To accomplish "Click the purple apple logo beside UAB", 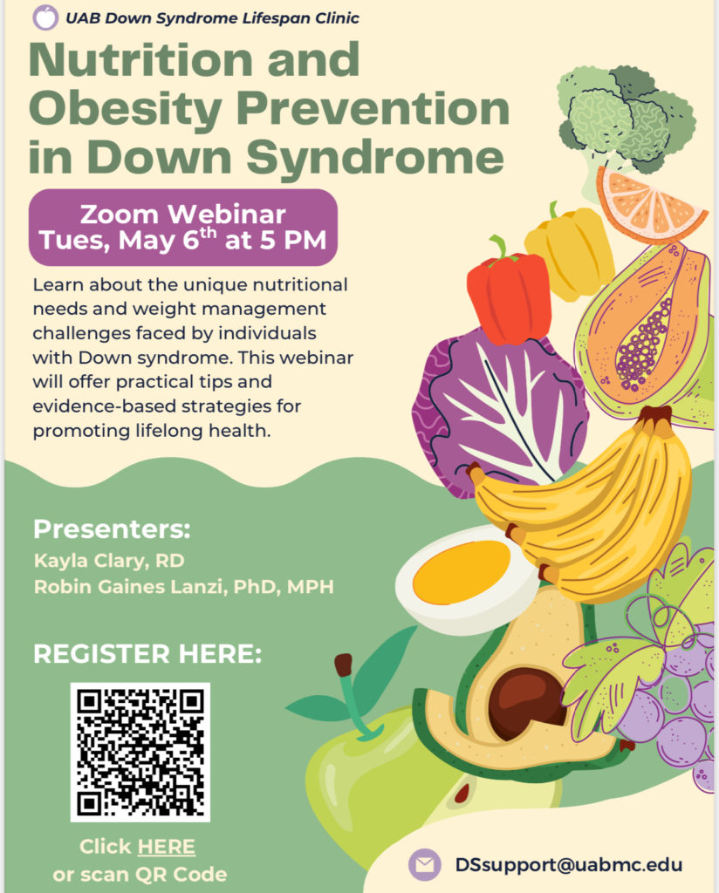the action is (45, 17).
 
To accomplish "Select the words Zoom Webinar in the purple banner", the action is (183, 215).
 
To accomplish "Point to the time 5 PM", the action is (293, 240).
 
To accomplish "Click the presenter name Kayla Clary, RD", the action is (109, 561).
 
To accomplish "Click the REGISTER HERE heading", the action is (147, 654).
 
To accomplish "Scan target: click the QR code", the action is (140, 752).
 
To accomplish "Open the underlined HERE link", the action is (167, 847).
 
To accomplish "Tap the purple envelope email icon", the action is (424, 864).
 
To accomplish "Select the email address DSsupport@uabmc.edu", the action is (568, 864).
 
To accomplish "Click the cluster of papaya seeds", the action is (642, 347).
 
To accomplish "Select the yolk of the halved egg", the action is (462, 572).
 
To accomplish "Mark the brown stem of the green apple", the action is (344, 665).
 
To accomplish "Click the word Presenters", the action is (112, 529).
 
